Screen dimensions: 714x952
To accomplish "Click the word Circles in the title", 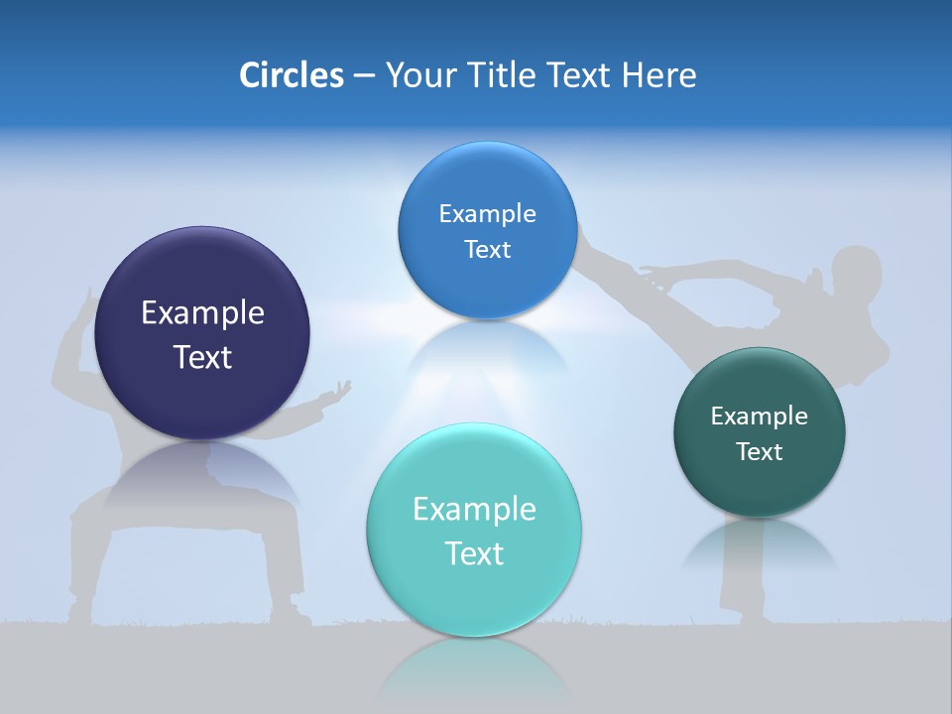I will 291,75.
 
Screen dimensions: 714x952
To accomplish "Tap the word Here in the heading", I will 658,75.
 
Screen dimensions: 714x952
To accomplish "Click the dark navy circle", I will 202,334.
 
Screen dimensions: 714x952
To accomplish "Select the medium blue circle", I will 487,231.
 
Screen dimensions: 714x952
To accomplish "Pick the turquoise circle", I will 474,531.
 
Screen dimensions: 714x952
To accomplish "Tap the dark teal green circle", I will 760,433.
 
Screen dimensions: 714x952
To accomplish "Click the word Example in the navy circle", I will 202,313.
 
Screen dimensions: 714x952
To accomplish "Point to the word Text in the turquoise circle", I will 474,553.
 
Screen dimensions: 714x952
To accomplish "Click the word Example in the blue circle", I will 487,213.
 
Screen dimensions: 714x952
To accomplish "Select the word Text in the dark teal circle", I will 760,452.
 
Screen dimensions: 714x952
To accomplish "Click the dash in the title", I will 363,75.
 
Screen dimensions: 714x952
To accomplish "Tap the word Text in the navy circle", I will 202,357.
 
